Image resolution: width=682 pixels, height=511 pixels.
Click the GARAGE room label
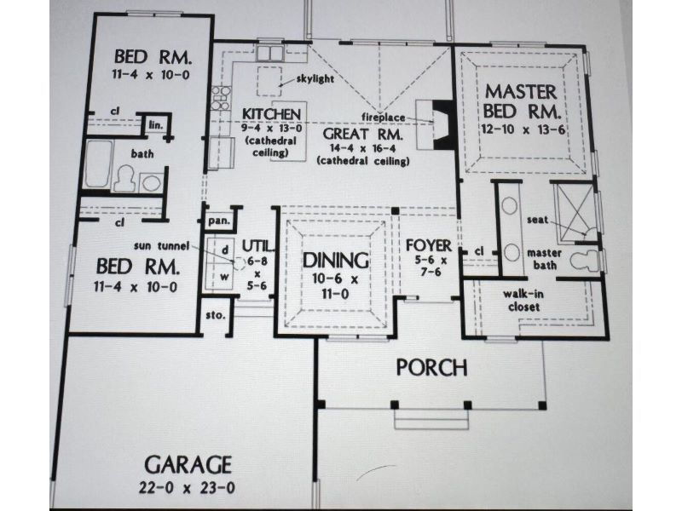pyautogui.click(x=188, y=465)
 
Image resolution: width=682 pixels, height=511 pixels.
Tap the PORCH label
pyautogui.click(x=432, y=368)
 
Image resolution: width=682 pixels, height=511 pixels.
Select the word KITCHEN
pyautogui.click(x=271, y=114)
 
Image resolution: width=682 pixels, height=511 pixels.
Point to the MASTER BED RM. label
pyautogui.click(x=522, y=101)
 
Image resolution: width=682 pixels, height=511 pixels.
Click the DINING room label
pyautogui.click(x=335, y=261)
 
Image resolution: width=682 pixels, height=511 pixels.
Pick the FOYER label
pyautogui.click(x=429, y=245)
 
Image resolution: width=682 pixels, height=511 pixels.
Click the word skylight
pyautogui.click(x=315, y=78)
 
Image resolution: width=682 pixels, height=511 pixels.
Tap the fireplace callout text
pyautogui.click(x=383, y=117)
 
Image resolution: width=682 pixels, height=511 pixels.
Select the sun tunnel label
pyautogui.click(x=161, y=246)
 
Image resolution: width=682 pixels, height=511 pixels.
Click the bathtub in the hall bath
pyautogui.click(x=98, y=164)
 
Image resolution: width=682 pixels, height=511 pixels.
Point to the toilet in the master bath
pyautogui.click(x=585, y=261)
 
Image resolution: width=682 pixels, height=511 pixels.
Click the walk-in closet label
pyautogui.click(x=523, y=301)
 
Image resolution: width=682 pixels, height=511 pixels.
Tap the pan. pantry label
pyautogui.click(x=219, y=221)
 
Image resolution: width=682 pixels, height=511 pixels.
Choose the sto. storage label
pyautogui.click(x=216, y=315)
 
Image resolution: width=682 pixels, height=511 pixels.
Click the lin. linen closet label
pyautogui.click(x=156, y=125)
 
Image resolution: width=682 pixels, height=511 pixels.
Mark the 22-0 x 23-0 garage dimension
pyautogui.click(x=187, y=487)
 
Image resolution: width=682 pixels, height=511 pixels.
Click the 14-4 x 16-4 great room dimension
pyautogui.click(x=362, y=148)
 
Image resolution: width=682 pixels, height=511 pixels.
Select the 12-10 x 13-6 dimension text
pyautogui.click(x=524, y=129)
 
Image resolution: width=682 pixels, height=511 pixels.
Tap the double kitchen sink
pyautogui.click(x=269, y=53)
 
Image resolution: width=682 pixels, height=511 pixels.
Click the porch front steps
pyautogui.click(x=431, y=419)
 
